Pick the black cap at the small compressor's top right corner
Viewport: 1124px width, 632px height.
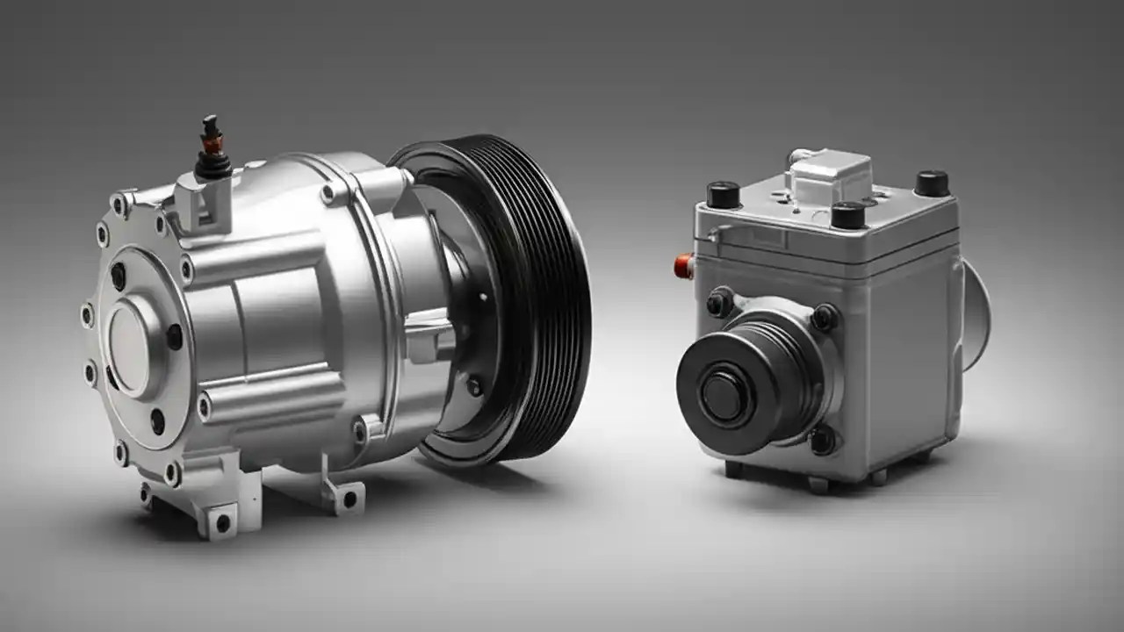tap(932, 183)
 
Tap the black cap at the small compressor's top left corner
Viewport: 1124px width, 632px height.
tap(723, 194)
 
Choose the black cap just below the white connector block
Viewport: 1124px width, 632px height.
tap(847, 214)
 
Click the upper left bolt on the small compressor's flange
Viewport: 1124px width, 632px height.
tap(719, 303)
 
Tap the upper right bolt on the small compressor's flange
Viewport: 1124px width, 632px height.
tap(824, 317)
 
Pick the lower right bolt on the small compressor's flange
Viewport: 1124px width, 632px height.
tap(823, 440)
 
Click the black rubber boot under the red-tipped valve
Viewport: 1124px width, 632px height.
tap(213, 166)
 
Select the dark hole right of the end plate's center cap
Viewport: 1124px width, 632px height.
tap(174, 336)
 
